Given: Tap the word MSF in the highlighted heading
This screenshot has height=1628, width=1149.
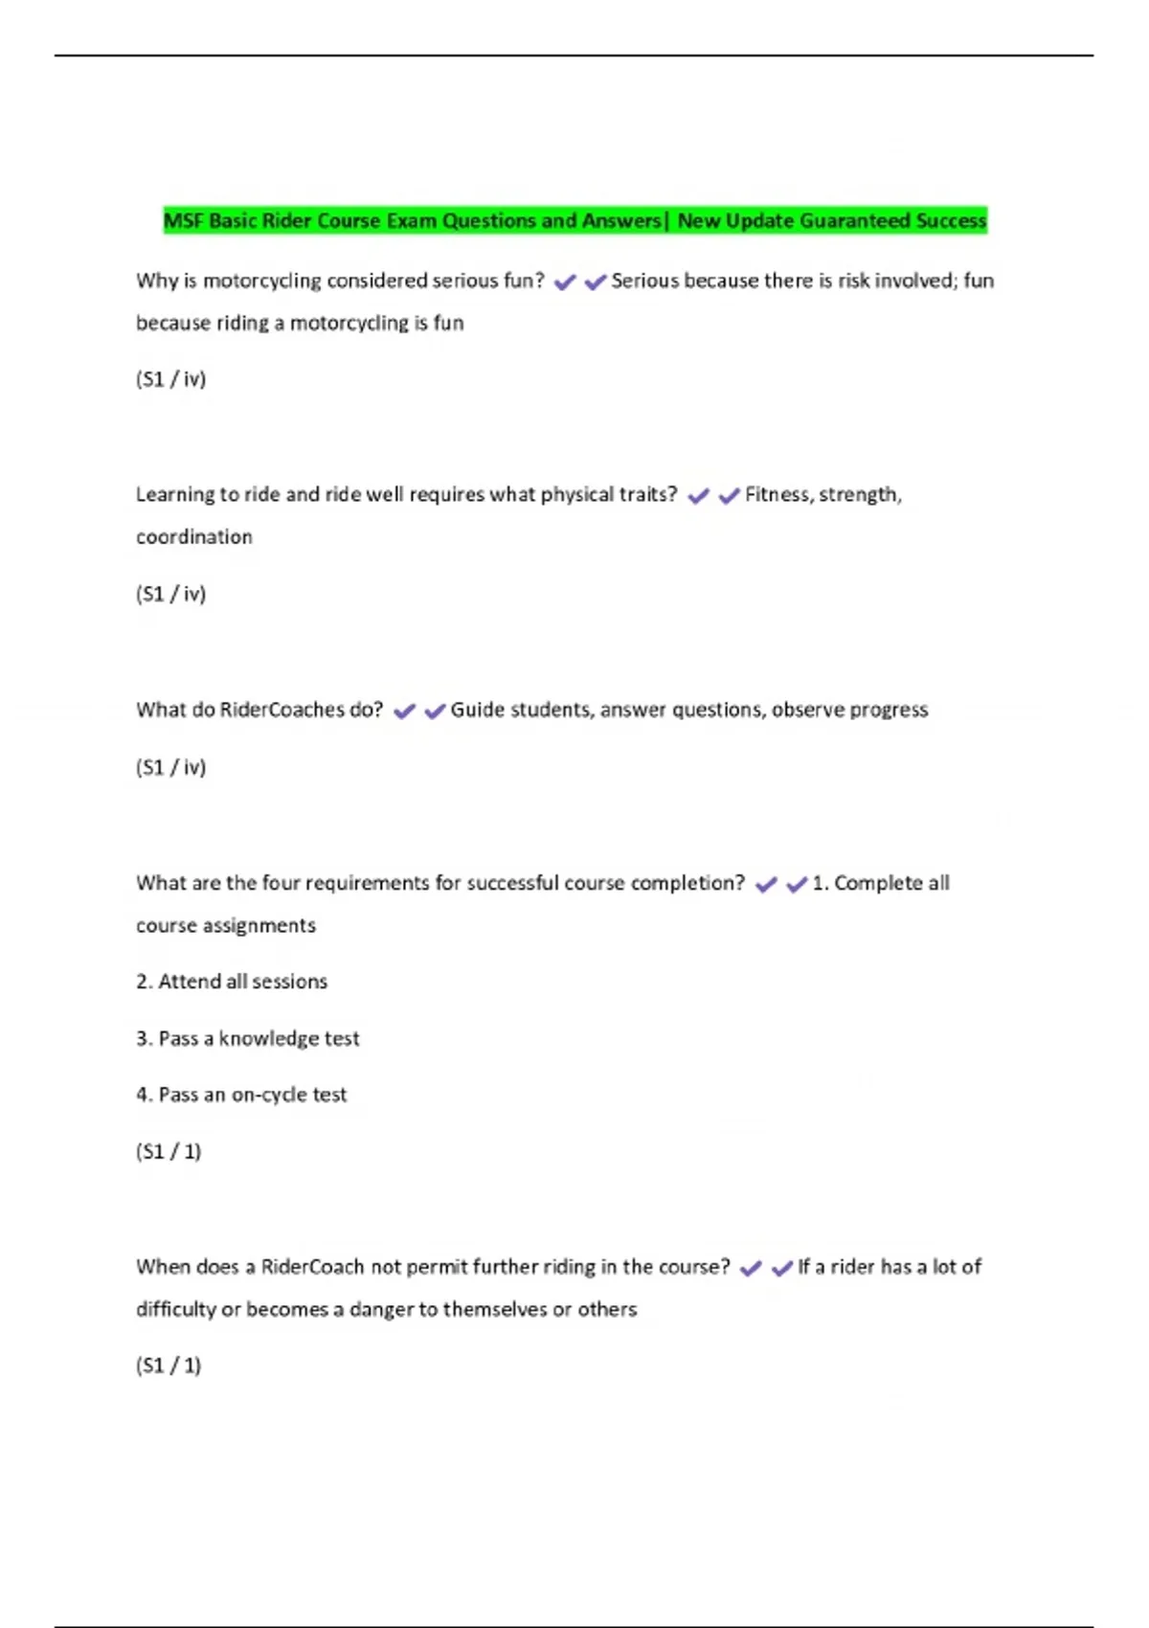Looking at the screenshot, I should click(x=184, y=221).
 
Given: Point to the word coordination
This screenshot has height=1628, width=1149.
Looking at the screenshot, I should click(x=194, y=537).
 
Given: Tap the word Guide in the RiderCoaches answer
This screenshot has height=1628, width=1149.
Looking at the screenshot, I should click(x=477, y=710).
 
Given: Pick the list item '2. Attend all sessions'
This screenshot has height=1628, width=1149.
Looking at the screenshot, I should click(x=232, y=982).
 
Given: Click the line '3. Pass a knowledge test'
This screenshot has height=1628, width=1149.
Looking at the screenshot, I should click(x=247, y=1039).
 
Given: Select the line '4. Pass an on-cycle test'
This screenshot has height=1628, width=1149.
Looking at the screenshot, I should click(x=241, y=1095).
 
